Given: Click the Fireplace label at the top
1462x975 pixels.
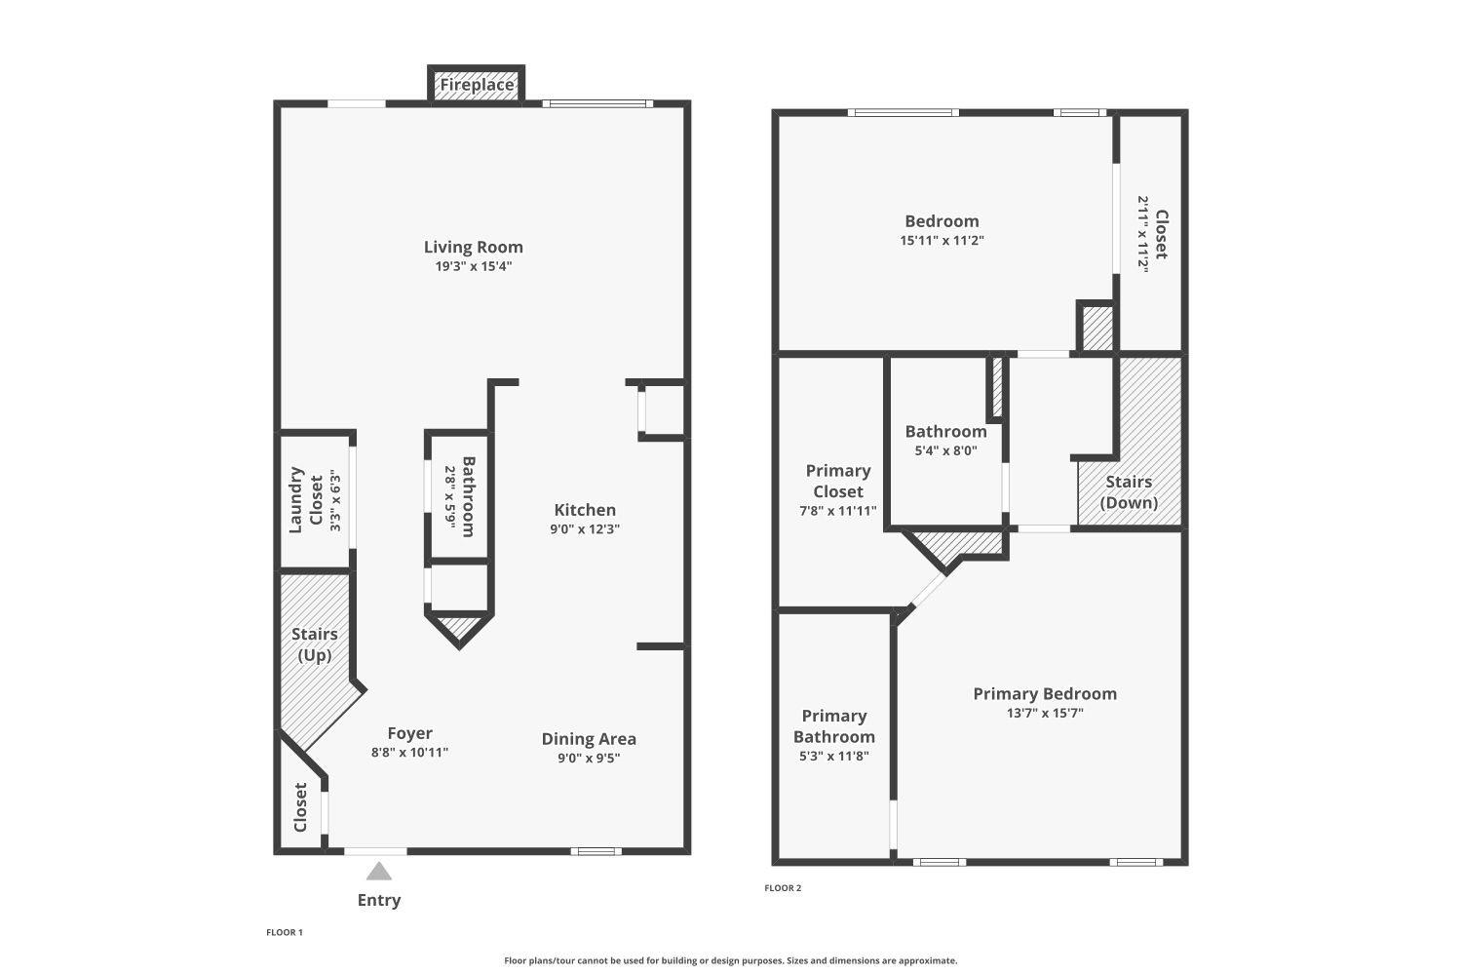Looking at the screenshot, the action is tap(477, 85).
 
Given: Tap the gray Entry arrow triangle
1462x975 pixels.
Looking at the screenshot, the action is tap(378, 872).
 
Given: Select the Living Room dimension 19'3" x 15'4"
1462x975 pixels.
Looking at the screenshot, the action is tap(474, 266).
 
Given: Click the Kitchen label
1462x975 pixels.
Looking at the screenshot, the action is tap(585, 510).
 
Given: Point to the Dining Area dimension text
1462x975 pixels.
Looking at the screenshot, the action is tap(589, 759).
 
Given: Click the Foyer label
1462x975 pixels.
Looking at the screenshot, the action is tap(410, 733).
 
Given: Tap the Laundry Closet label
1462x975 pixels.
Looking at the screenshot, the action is tap(305, 500).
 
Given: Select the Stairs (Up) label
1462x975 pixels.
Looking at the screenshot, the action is tap(315, 644).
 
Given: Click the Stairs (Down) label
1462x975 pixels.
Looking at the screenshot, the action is tap(1129, 492).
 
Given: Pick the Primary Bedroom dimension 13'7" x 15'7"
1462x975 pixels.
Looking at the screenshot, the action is tap(1045, 713).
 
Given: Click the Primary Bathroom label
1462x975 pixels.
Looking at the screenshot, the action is tap(834, 726).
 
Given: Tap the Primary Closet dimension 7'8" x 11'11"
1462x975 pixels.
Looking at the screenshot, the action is tap(838, 511).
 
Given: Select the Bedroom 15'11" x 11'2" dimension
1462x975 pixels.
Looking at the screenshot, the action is tap(942, 240).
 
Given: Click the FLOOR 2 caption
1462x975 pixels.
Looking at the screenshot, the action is tap(783, 888).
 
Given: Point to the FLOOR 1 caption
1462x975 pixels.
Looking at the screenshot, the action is tap(285, 932).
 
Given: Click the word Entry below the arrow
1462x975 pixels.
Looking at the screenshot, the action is tap(379, 901).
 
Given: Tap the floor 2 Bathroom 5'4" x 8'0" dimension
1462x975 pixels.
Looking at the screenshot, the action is tap(945, 450).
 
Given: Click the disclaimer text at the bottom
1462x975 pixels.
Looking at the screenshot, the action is tap(730, 960).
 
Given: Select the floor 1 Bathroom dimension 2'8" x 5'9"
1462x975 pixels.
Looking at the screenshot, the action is tap(450, 497).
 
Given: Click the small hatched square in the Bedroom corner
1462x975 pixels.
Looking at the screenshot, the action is tap(1097, 329).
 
